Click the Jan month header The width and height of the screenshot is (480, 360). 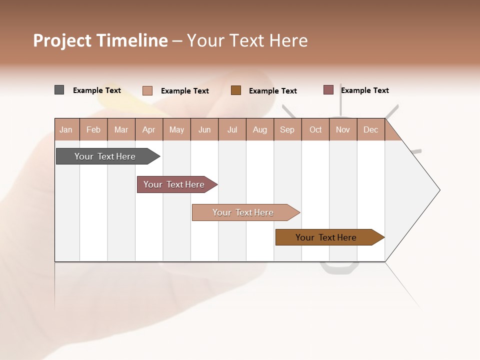pos(66,129)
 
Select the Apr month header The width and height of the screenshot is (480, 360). pos(149,129)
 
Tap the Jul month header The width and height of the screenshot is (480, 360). pos(232,129)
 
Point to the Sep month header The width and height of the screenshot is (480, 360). pos(287,129)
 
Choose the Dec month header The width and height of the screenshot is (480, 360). pos(370,129)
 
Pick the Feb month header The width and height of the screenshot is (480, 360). pos(93,129)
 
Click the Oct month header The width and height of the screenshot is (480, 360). pos(315,129)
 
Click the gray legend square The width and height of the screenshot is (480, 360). pos(59,90)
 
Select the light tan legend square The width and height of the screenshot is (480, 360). pos(147,90)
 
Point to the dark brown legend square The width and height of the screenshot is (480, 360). pos(236,90)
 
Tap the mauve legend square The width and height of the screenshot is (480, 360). pos(328,90)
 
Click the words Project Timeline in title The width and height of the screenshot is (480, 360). pos(100,40)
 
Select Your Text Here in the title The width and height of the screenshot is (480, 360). pos(247,40)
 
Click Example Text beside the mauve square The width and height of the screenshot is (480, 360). pos(364,90)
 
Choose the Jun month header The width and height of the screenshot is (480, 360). pos(204,129)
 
